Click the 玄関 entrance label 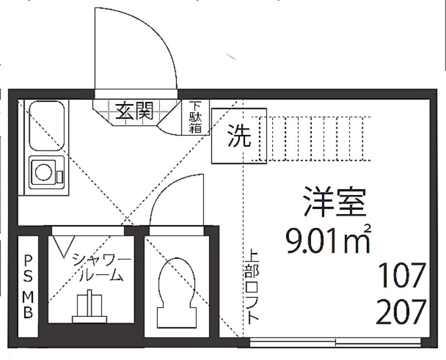tap(134, 111)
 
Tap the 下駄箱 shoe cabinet tap(196, 117)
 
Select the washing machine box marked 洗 tap(239, 136)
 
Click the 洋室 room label tap(334, 202)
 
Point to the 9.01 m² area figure tap(328, 240)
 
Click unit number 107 tap(401, 275)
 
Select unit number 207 tap(401, 312)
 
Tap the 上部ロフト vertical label tap(252, 286)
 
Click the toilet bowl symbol tap(177, 294)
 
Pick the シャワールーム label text tap(101, 268)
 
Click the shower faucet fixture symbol tap(90, 307)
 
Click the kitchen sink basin tap(47, 126)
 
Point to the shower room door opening tap(88, 231)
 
